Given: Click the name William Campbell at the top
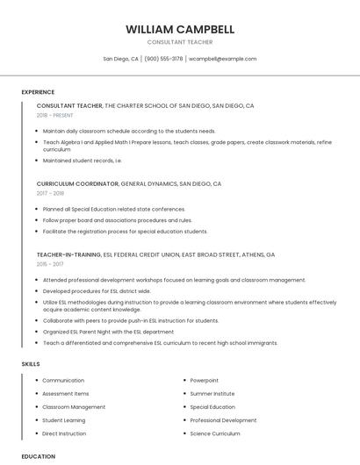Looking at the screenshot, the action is click(179, 29).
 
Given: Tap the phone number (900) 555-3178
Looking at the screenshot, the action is click(163, 59).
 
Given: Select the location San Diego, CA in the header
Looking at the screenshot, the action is click(120, 59).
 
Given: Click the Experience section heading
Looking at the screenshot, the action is click(38, 92).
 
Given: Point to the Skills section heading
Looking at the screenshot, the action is click(31, 363).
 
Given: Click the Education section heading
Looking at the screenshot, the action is click(38, 456).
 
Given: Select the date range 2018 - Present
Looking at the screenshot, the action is click(54, 115).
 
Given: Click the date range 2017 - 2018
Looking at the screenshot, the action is click(50, 193).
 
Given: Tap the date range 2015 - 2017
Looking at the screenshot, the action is click(50, 263).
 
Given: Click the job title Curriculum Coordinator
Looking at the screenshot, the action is click(77, 184).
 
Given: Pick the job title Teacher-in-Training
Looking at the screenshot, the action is click(68, 254).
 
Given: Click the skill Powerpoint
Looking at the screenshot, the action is click(204, 381).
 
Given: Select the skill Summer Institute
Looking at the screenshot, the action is click(212, 394).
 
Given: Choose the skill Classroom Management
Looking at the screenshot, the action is click(74, 407).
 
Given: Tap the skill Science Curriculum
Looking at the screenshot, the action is click(214, 433).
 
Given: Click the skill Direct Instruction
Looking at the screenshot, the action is click(64, 433).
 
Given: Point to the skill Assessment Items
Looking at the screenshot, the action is click(66, 394).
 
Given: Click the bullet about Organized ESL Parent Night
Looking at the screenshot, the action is click(109, 332).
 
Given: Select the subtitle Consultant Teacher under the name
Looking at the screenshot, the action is click(179, 42).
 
